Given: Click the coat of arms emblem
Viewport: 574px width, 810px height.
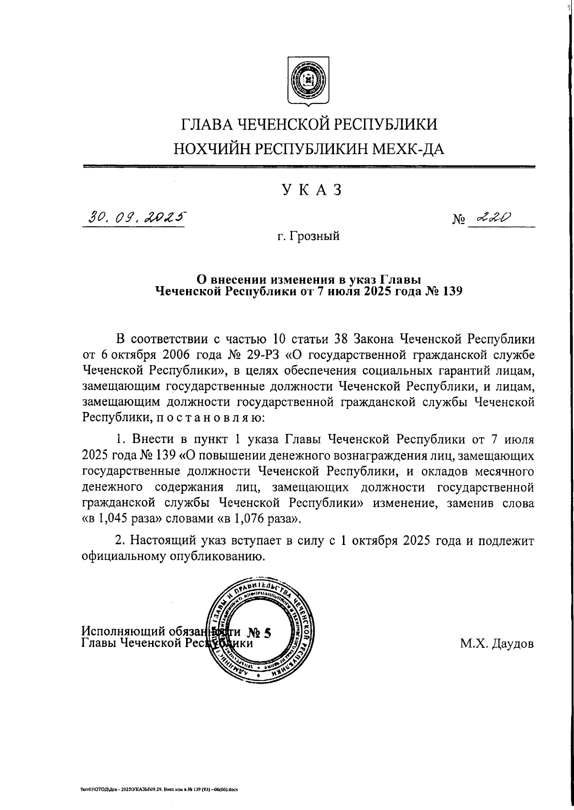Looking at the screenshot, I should (309, 80).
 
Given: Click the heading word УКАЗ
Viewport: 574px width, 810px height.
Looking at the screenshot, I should (311, 190).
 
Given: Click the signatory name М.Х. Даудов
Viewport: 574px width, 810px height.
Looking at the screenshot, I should (497, 644).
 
